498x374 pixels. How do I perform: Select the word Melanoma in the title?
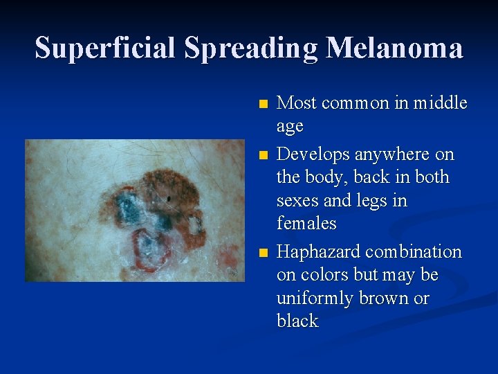[x=394, y=48]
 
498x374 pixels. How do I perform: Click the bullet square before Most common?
[x=261, y=105]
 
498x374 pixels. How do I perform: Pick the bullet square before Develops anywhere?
[x=261, y=154]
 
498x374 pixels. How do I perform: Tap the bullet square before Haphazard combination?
[x=261, y=253]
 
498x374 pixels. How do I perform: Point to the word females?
[x=306, y=223]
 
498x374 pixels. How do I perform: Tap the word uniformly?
[x=314, y=299]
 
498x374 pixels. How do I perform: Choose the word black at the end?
[x=297, y=321]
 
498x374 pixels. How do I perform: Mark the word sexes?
[x=298, y=201]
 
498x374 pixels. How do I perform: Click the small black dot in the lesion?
[x=169, y=201]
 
